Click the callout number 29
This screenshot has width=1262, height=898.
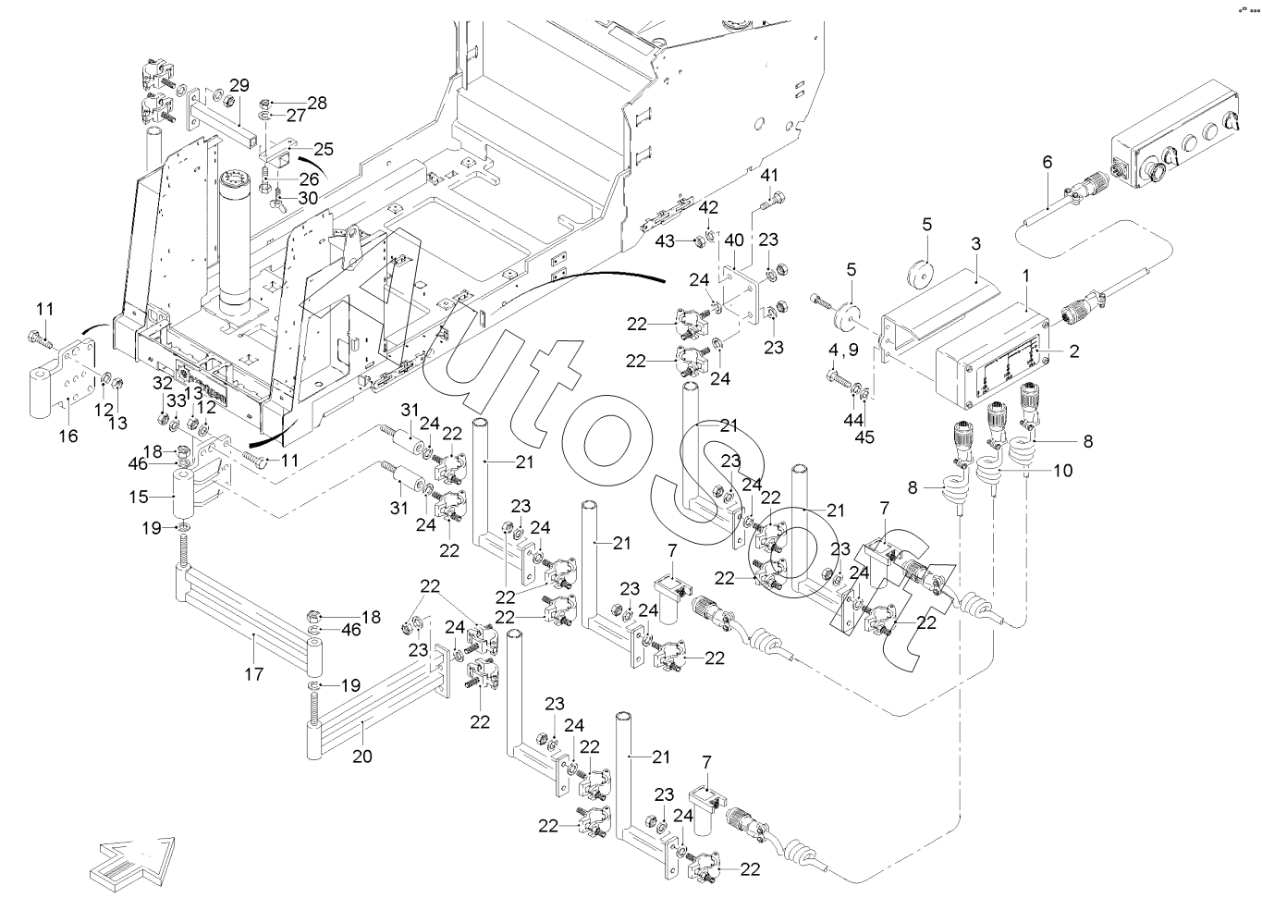click(x=239, y=86)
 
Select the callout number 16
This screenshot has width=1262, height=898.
click(x=69, y=437)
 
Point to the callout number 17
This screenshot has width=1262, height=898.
click(x=253, y=675)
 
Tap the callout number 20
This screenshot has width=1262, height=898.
click(x=361, y=756)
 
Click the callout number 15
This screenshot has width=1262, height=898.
click(x=140, y=497)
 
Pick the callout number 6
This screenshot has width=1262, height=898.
click(x=1047, y=162)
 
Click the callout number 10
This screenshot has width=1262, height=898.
click(x=1062, y=471)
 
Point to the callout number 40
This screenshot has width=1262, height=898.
click(x=733, y=240)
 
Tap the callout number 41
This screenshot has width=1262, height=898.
click(x=770, y=175)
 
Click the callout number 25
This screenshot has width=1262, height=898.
click(x=324, y=149)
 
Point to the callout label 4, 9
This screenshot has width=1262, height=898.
click(x=847, y=351)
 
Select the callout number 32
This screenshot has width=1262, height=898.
click(x=163, y=383)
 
